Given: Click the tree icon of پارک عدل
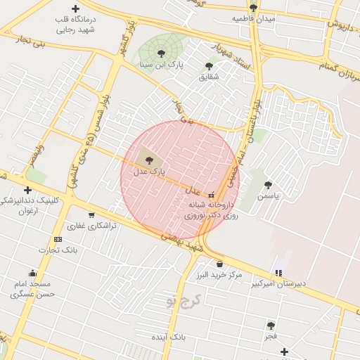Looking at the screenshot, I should [x=148, y=159].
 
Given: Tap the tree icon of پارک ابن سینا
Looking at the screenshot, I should [x=162, y=53].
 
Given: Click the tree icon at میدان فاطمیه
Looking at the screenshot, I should [x=253, y=8].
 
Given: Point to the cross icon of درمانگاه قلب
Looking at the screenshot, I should [x=75, y=8].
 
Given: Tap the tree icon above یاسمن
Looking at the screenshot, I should [x=268, y=185].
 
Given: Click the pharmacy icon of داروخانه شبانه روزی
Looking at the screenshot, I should [x=211, y=195].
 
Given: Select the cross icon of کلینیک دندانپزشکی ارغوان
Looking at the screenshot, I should [x=27, y=190].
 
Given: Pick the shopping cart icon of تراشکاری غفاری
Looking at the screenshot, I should [x=91, y=215].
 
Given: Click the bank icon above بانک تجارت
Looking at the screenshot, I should [x=58, y=239].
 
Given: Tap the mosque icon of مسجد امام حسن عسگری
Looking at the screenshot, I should [x=32, y=273].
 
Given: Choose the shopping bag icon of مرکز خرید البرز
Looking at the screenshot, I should [x=219, y=264].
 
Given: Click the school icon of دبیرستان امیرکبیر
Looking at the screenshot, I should [x=279, y=273].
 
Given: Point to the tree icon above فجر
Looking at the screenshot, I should [x=271, y=326].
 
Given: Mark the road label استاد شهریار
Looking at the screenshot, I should [x=233, y=58].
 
